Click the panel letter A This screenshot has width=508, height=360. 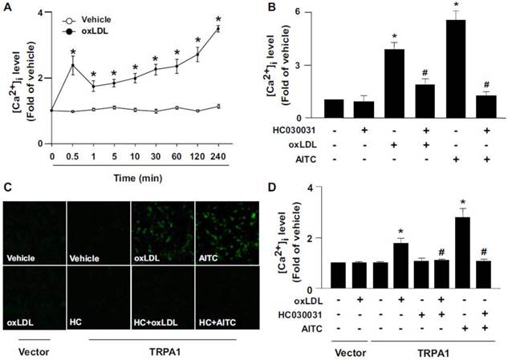click(6, 6)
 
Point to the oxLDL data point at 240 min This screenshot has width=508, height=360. click(239, 29)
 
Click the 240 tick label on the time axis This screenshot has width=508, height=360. click(239, 154)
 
